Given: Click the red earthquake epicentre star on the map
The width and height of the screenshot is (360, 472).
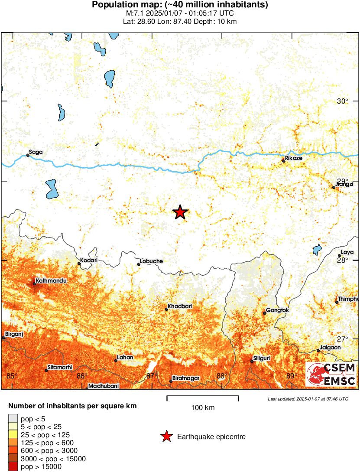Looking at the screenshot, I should [180, 212].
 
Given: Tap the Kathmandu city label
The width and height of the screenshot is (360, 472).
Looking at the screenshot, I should [51, 281].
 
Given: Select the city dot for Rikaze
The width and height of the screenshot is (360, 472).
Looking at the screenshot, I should [284, 161].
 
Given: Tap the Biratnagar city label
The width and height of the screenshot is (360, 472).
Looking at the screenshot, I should [186, 378].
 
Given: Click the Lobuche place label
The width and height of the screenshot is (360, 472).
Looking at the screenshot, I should [151, 261].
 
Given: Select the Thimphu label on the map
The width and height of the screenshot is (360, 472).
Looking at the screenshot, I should [349, 299].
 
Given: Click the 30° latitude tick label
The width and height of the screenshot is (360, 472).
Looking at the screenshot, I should [343, 101].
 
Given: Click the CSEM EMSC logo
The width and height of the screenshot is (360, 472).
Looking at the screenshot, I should [331, 374].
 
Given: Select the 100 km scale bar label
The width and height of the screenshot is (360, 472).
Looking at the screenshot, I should [203, 408].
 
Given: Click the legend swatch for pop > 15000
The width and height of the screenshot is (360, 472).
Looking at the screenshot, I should [13, 466].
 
